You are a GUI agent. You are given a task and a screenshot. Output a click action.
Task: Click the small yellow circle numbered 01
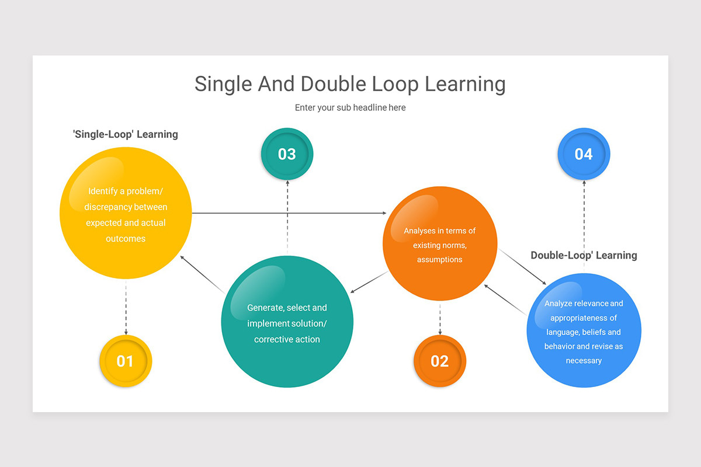click(126, 361)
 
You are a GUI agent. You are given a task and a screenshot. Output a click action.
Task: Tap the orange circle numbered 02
click(440, 361)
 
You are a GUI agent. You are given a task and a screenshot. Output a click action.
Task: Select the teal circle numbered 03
click(287, 154)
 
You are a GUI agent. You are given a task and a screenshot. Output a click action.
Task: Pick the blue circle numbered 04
click(584, 154)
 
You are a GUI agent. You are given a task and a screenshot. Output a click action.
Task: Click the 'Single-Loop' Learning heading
click(125, 134)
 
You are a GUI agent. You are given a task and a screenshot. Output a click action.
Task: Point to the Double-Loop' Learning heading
click(584, 255)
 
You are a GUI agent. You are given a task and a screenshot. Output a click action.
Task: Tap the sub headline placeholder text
click(350, 107)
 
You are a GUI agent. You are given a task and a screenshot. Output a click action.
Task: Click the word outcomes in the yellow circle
click(126, 238)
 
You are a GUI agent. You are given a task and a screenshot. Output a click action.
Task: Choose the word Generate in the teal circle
click(266, 308)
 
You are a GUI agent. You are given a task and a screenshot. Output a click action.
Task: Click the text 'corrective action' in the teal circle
click(287, 339)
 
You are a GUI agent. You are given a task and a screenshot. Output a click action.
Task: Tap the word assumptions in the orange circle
click(440, 259)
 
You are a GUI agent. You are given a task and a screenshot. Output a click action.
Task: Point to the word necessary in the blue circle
click(584, 361)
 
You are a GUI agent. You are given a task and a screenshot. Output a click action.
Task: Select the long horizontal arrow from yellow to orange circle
click(289, 213)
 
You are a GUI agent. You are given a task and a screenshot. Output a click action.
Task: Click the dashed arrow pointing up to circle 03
click(287, 216)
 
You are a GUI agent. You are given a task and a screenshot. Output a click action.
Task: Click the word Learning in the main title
click(465, 84)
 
